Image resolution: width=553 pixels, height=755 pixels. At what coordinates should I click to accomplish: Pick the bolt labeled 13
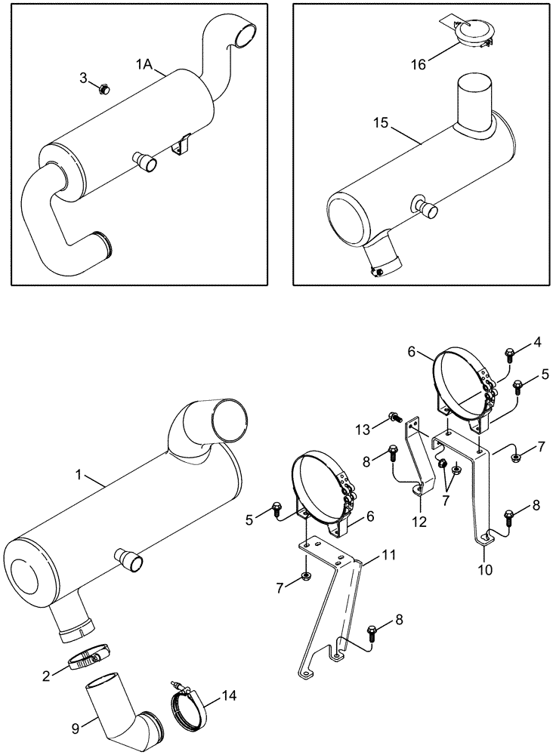[394, 416]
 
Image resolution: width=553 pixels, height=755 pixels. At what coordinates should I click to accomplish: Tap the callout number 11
[388, 555]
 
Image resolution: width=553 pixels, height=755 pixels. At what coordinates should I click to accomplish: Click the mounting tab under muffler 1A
[179, 145]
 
